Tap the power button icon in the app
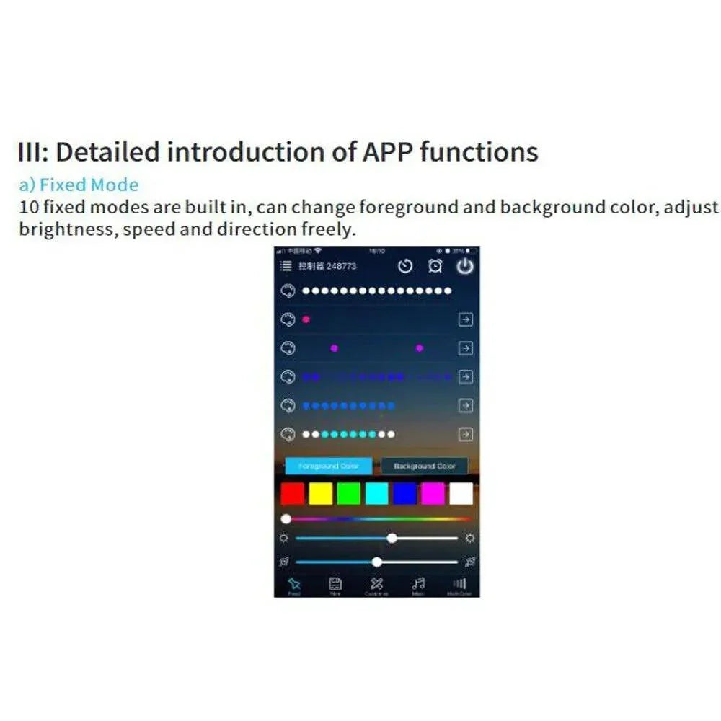465,266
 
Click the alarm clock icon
435,266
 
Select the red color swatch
292,493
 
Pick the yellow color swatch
320,493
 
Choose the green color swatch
348,493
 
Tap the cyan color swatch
376,493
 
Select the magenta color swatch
433,493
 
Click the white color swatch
461,493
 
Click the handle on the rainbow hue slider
286,518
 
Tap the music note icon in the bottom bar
418,584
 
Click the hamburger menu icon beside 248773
286,266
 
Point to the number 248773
341,266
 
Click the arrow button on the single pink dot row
465,319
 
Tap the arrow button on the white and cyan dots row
465,434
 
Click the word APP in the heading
387,152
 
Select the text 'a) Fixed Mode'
79,185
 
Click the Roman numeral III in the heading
32,152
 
